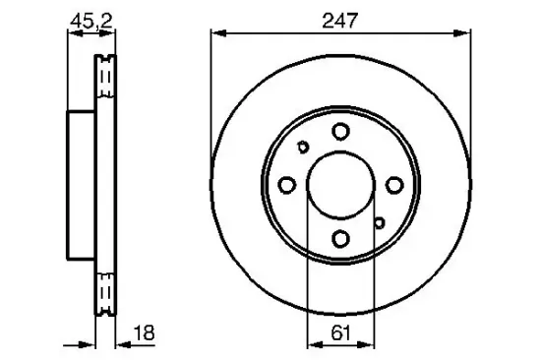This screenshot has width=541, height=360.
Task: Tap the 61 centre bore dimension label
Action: click(x=339, y=332)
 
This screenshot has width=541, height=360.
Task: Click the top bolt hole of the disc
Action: click(x=340, y=131)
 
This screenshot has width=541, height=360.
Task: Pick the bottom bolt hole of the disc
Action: click(x=340, y=238)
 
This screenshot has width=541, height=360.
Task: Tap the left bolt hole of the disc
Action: click(x=287, y=185)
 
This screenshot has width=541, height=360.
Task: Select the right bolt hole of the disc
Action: click(x=393, y=185)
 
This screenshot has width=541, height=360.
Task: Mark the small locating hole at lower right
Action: click(x=378, y=222)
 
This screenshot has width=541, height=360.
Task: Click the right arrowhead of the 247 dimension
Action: click(x=463, y=32)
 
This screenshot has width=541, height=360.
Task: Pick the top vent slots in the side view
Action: click(x=103, y=78)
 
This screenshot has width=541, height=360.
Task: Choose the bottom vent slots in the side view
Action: click(x=103, y=291)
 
